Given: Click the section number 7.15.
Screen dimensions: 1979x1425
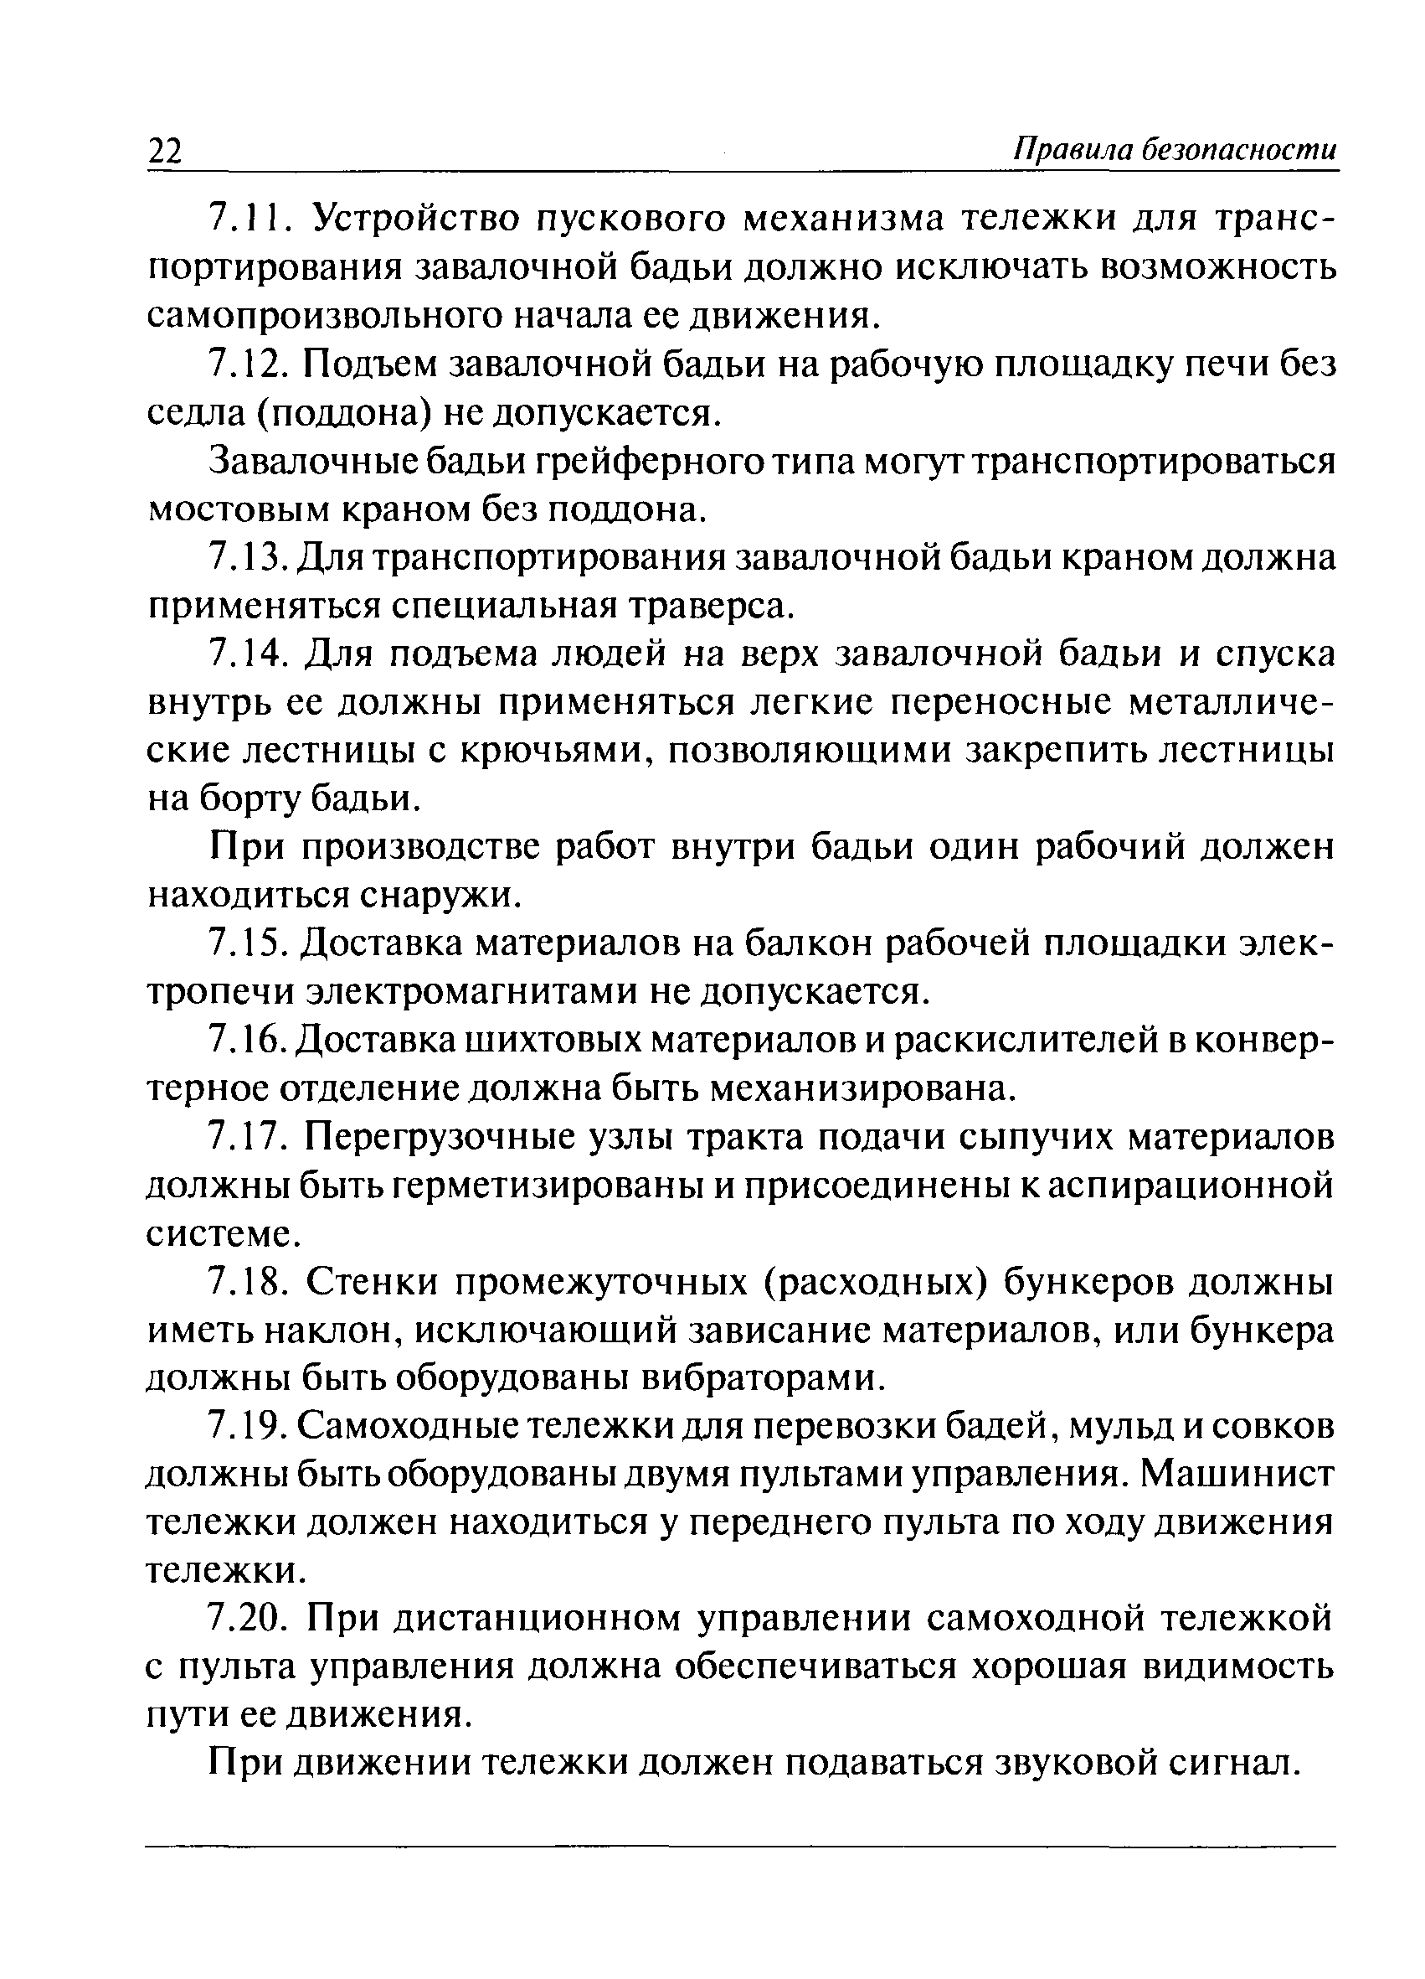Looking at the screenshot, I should pos(252,943).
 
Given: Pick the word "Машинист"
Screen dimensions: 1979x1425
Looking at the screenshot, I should pos(1236,1475).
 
